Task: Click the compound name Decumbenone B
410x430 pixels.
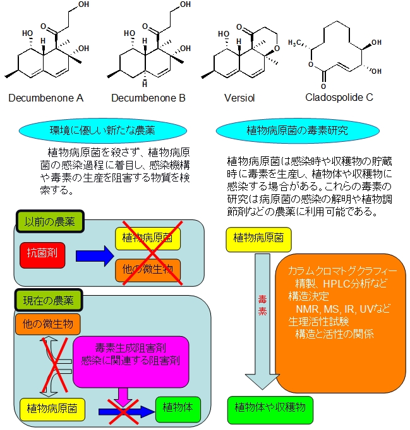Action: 148,98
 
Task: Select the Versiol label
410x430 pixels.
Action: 238,98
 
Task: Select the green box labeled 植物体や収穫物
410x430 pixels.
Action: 270,407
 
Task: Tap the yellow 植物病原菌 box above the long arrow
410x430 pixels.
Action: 258,238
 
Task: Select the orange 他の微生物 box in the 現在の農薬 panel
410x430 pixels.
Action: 48,324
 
